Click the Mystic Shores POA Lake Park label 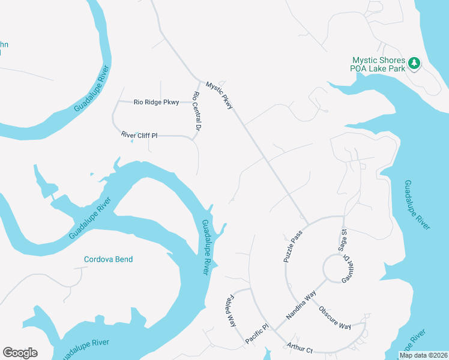(378, 64)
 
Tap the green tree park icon (414, 62)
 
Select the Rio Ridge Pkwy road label (156, 103)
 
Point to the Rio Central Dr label (196, 111)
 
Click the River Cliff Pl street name (139, 136)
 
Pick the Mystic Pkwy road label (219, 95)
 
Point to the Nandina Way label (301, 305)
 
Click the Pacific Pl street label (257, 335)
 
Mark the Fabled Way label (232, 310)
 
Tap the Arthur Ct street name (301, 349)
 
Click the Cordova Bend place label (108, 259)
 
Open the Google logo (20, 353)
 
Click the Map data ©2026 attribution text (423, 355)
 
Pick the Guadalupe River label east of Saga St (417, 204)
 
